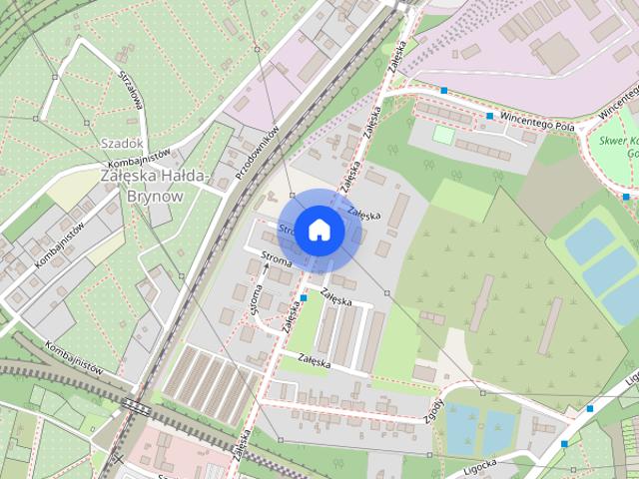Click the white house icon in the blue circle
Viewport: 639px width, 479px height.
tap(319, 230)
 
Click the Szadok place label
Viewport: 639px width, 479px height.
tap(121, 144)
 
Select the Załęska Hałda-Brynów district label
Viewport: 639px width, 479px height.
tap(156, 186)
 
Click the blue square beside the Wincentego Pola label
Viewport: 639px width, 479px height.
tap(490, 116)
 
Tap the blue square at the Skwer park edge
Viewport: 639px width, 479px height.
tap(626, 197)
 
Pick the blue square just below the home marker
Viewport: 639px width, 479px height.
tap(303, 297)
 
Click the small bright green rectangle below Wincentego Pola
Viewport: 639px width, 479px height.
tap(443, 134)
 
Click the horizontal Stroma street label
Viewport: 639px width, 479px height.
tap(277, 260)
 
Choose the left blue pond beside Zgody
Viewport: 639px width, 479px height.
tap(460, 427)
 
